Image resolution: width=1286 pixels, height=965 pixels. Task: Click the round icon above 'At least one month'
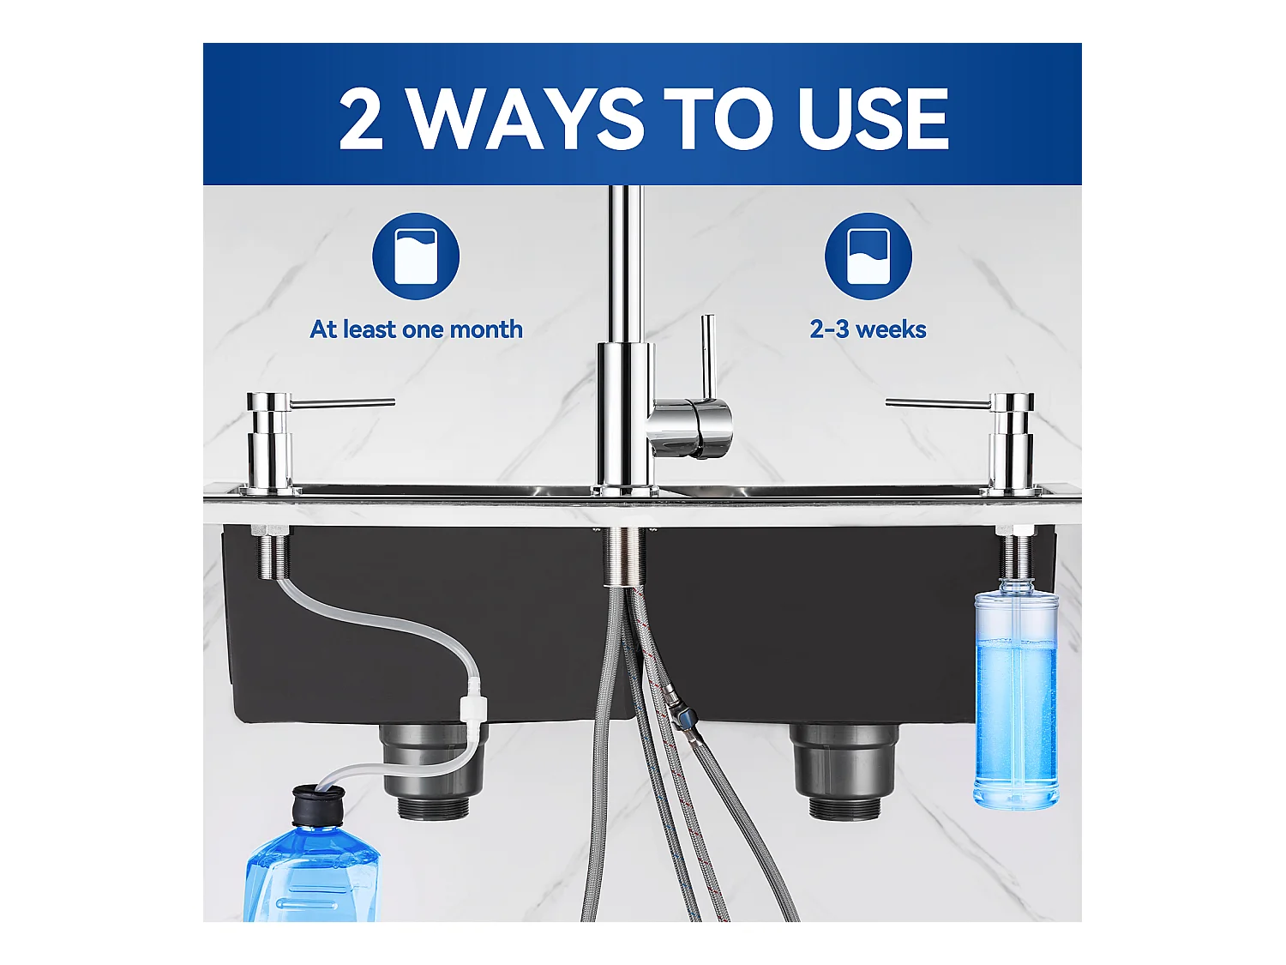click(x=416, y=256)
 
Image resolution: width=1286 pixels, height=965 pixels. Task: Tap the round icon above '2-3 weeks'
click(x=868, y=256)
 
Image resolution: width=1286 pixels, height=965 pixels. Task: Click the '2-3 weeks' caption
click(x=868, y=329)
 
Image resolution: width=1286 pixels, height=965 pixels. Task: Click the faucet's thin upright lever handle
click(x=708, y=358)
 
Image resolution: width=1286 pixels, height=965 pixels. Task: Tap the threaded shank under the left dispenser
click(x=271, y=552)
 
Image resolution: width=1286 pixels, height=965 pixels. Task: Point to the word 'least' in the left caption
click(x=370, y=329)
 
